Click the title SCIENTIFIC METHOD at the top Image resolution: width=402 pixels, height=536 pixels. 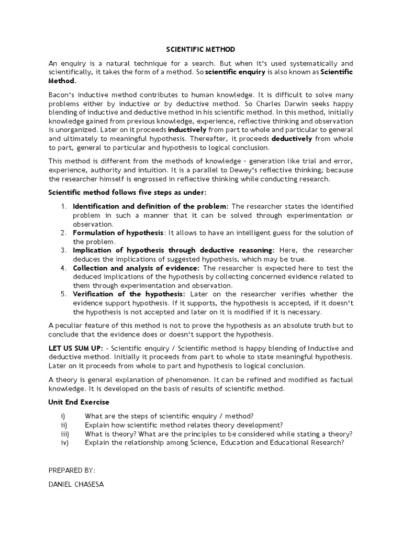pyautogui.click(x=200, y=49)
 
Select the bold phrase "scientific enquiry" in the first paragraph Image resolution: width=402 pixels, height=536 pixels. pyautogui.click(x=236, y=72)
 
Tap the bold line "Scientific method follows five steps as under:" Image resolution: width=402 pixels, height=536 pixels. pyautogui.click(x=128, y=192)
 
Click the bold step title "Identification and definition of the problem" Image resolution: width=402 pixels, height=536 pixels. pyautogui.click(x=150, y=206)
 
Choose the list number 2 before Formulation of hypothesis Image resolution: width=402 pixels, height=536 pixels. pyautogui.click(x=63, y=232)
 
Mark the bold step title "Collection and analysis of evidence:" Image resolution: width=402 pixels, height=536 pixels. pyautogui.click(x=136, y=268)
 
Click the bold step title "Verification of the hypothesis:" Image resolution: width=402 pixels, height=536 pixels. pyautogui.click(x=129, y=294)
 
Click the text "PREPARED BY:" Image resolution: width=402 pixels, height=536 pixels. pyautogui.click(x=72, y=471)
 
